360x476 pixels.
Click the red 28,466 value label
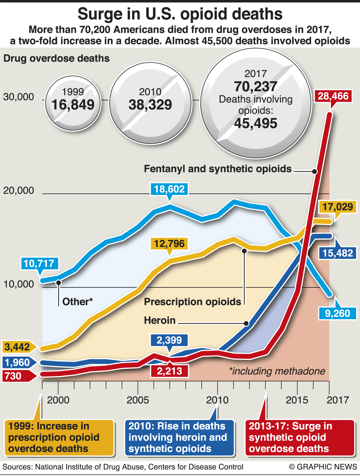coord(333,96)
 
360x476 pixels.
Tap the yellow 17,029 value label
coord(337,207)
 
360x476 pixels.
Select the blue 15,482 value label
coord(337,253)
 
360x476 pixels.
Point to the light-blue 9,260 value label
coord(337,313)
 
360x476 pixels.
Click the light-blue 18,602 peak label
coord(169,189)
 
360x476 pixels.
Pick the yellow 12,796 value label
coord(169,244)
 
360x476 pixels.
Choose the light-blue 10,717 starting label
coord(39,264)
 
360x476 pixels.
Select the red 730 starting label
coord(14,376)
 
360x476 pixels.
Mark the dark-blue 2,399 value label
coord(169,340)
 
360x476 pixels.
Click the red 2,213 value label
coord(169,371)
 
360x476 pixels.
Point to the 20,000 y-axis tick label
coord(19,191)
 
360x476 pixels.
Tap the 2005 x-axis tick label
coord(138,400)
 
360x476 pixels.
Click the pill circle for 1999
coord(73,103)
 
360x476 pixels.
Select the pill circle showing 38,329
coord(150,103)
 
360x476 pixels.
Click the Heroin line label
coord(160,320)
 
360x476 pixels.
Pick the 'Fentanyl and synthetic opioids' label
coord(218,169)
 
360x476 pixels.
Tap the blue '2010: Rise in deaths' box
coord(179,438)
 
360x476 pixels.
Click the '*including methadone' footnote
coord(277,371)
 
